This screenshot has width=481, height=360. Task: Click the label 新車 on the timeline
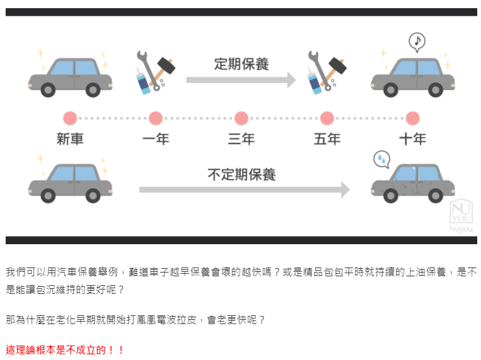(70, 138)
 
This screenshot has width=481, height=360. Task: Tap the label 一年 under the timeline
(155, 138)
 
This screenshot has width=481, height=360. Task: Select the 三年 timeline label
(241, 138)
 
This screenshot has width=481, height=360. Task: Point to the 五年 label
(326, 138)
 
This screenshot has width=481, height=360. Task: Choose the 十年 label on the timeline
(412, 138)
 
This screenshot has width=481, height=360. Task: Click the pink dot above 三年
(241, 118)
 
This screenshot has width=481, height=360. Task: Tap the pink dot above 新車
(70, 118)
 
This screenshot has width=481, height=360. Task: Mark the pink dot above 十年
(412, 118)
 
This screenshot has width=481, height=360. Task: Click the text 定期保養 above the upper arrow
(241, 64)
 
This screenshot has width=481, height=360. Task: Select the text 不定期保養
(241, 174)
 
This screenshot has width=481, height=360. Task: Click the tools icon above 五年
(326, 71)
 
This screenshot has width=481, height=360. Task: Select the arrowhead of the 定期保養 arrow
(290, 80)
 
